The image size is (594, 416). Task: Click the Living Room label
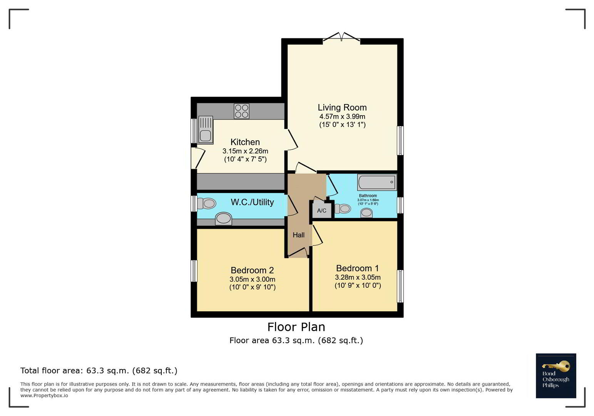click(x=342, y=107)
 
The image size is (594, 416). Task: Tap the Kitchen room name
click(x=245, y=142)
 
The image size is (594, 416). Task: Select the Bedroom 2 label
click(x=252, y=270)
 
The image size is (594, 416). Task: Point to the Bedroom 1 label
click(x=358, y=268)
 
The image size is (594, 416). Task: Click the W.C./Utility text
click(x=252, y=202)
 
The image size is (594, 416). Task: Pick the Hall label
click(x=299, y=235)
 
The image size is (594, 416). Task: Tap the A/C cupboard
click(x=322, y=210)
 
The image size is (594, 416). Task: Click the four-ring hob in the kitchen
click(x=242, y=111)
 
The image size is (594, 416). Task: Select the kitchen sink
click(x=206, y=130)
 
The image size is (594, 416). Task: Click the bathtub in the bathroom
click(x=377, y=182)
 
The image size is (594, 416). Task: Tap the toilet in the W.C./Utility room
click(x=207, y=203)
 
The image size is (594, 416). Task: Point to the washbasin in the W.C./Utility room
click(x=223, y=219)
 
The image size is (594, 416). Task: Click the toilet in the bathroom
click(x=343, y=208)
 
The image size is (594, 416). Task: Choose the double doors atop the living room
click(x=342, y=37)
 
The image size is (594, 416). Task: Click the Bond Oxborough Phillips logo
click(x=556, y=376)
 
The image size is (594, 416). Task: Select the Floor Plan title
click(x=296, y=327)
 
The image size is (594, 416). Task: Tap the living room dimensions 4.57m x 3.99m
click(x=342, y=116)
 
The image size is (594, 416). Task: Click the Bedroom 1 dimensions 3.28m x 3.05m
click(x=358, y=277)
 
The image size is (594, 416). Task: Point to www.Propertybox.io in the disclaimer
click(x=44, y=396)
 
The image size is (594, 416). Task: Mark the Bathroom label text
click(x=368, y=196)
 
